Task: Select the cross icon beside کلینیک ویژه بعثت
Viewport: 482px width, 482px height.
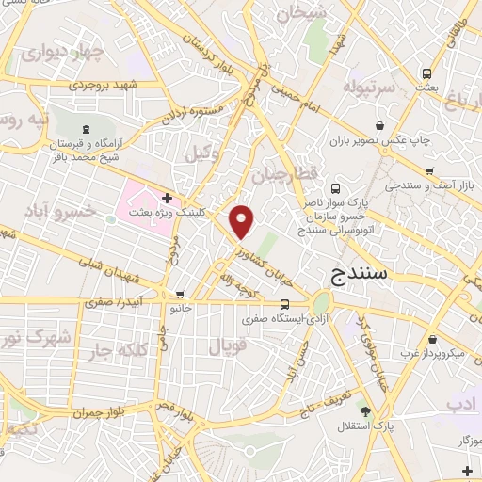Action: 167,198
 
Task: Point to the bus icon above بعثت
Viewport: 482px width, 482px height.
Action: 427,73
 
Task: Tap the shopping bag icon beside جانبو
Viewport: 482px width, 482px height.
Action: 180,294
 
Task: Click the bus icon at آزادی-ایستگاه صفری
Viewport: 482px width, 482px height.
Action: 284,303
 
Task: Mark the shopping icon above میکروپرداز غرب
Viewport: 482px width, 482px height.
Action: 431,339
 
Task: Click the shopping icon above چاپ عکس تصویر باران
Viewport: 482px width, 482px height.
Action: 379,126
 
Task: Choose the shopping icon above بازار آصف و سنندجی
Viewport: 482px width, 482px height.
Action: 429,171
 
